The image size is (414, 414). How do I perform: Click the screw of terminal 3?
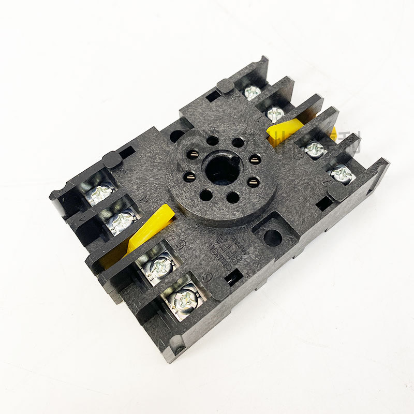(100, 193)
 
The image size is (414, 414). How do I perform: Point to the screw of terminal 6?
(184, 299)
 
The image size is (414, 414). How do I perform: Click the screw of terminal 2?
(252, 93)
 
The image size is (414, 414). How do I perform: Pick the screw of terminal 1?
(275, 114)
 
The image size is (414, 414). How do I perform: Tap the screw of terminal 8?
(314, 150)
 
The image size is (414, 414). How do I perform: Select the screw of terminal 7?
(341, 174)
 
